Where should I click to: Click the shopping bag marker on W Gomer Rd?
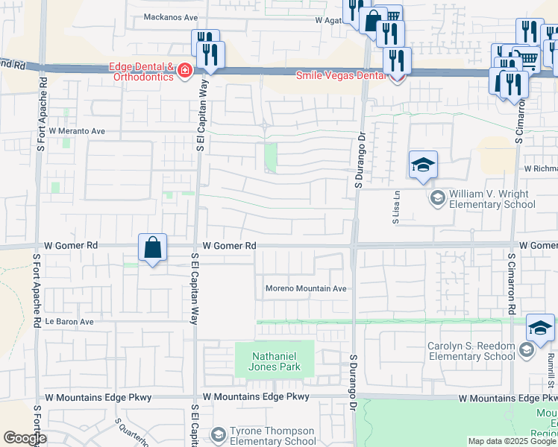point(152,247)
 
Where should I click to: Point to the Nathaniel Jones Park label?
point(275,361)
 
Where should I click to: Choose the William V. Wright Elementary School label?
point(489,199)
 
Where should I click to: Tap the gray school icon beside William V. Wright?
point(436,198)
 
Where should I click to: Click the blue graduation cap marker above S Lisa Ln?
point(423,165)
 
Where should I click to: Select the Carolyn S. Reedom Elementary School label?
point(471,351)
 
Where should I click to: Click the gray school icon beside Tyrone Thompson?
point(218,434)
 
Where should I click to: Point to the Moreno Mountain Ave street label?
point(307,289)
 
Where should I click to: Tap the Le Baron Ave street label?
point(69,322)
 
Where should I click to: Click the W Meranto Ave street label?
point(78,130)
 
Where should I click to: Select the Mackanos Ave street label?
point(171,16)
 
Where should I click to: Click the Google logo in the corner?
point(25,437)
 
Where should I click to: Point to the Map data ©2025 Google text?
point(512,441)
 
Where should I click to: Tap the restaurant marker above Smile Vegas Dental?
point(397,60)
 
